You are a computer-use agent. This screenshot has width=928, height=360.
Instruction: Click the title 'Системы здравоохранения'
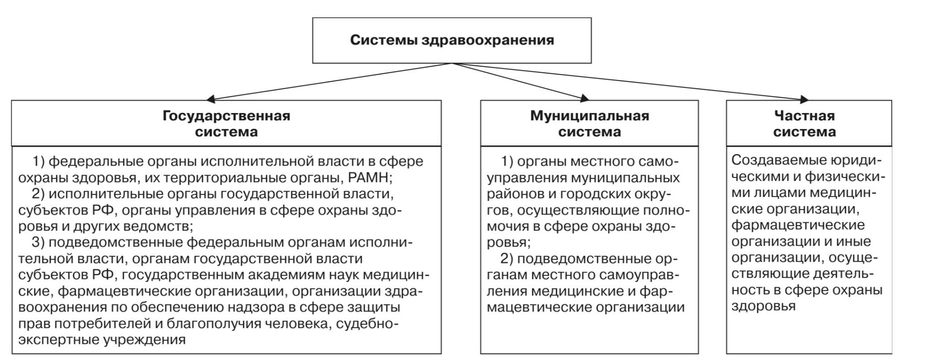pyautogui.click(x=452, y=40)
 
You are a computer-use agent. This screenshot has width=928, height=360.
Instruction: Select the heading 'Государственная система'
pyautogui.click(x=226, y=124)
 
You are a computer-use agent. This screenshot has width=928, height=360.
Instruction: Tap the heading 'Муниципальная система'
pyautogui.click(x=589, y=124)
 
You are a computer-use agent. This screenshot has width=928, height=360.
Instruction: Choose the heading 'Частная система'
pyautogui.click(x=804, y=124)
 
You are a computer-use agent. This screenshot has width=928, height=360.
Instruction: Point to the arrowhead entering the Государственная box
pyautogui.click(x=210, y=98)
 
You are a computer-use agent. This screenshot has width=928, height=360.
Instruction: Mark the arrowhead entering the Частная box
pyautogui.click(x=803, y=99)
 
